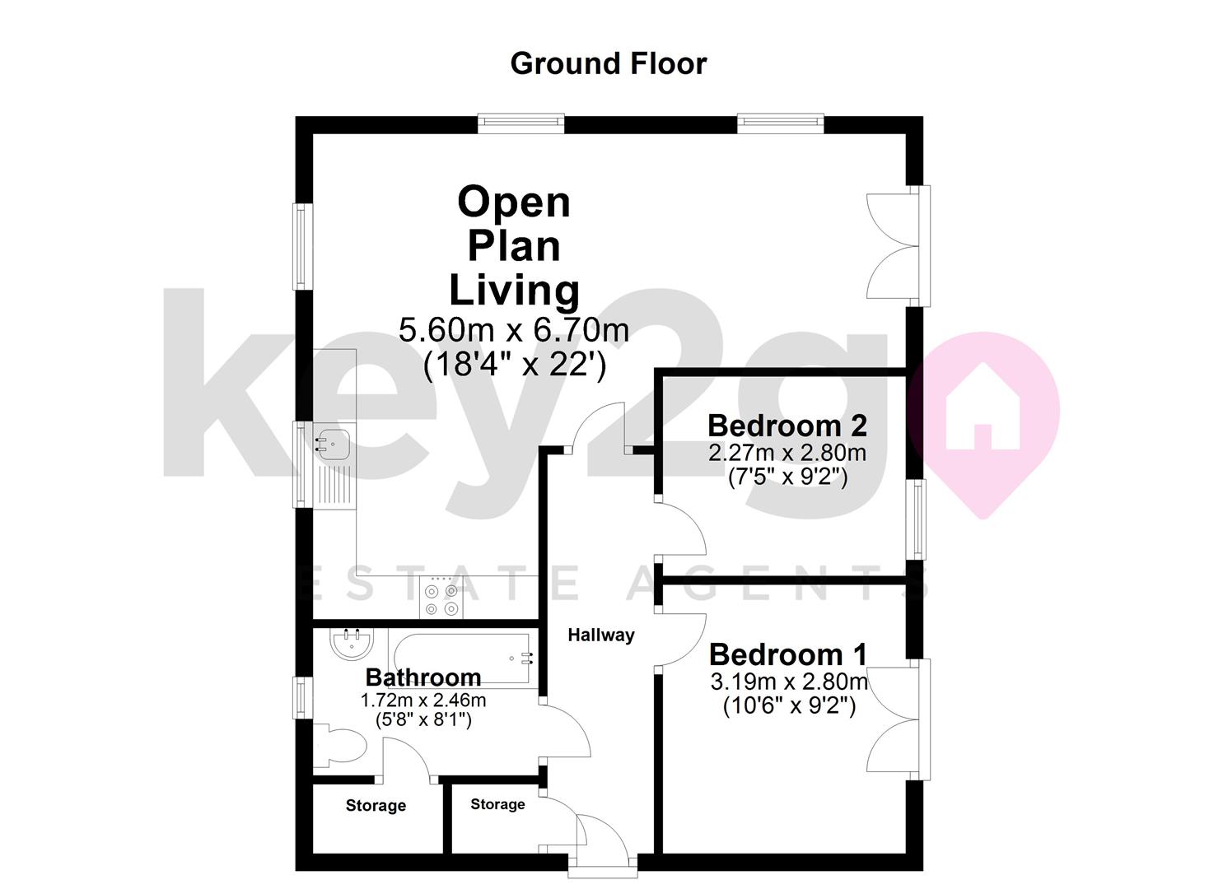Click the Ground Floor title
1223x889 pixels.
click(x=609, y=64)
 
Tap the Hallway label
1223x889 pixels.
click(x=601, y=635)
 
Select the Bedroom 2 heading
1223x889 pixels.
click(x=787, y=426)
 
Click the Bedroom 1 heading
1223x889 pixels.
click(x=788, y=655)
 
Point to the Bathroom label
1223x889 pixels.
click(x=423, y=677)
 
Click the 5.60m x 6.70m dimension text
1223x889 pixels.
click(x=514, y=330)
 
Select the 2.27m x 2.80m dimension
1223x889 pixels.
click(x=787, y=453)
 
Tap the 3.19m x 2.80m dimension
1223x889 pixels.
click(x=788, y=682)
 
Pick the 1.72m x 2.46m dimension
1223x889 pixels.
click(x=423, y=700)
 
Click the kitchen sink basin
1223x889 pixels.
click(x=333, y=444)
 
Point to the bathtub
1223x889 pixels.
click(x=463, y=659)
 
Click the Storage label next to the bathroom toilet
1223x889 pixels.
click(x=376, y=806)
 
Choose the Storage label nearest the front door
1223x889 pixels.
click(x=497, y=804)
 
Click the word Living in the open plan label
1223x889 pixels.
click(x=514, y=291)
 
